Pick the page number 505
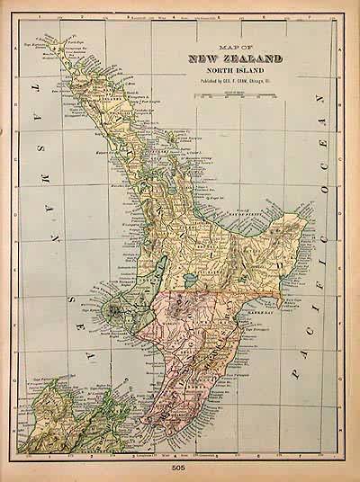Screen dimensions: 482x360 180,468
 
